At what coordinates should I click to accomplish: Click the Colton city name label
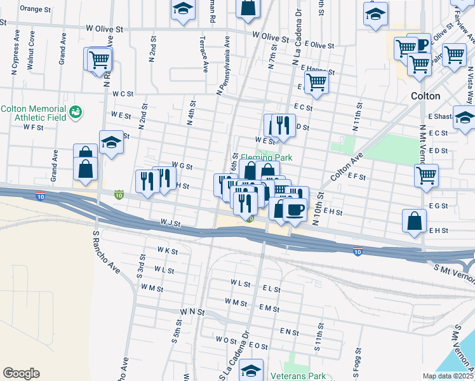[425, 96]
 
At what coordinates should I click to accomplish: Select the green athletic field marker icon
[76, 112]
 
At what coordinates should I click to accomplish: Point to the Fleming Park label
[262, 157]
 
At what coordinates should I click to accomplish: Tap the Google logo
[21, 373]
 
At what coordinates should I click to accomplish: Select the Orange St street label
[35, 9]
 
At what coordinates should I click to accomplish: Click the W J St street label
[171, 224]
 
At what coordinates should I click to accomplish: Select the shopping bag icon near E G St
[414, 220]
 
